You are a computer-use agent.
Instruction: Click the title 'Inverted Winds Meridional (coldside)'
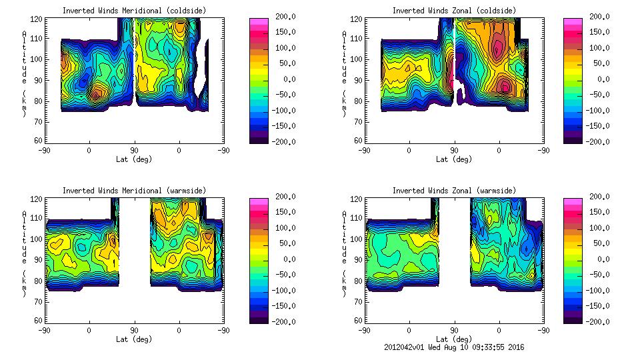(134, 11)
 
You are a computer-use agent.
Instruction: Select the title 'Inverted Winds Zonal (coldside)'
(454, 11)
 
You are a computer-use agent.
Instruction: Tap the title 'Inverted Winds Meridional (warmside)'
(134, 191)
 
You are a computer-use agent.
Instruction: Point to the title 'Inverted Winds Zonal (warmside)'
(454, 191)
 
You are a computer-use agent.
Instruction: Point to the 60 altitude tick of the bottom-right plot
(352, 321)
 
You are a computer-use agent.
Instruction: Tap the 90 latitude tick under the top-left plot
(134, 151)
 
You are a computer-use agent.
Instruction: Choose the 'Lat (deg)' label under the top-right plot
(454, 159)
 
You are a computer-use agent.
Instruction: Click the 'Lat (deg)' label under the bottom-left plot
(134, 339)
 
